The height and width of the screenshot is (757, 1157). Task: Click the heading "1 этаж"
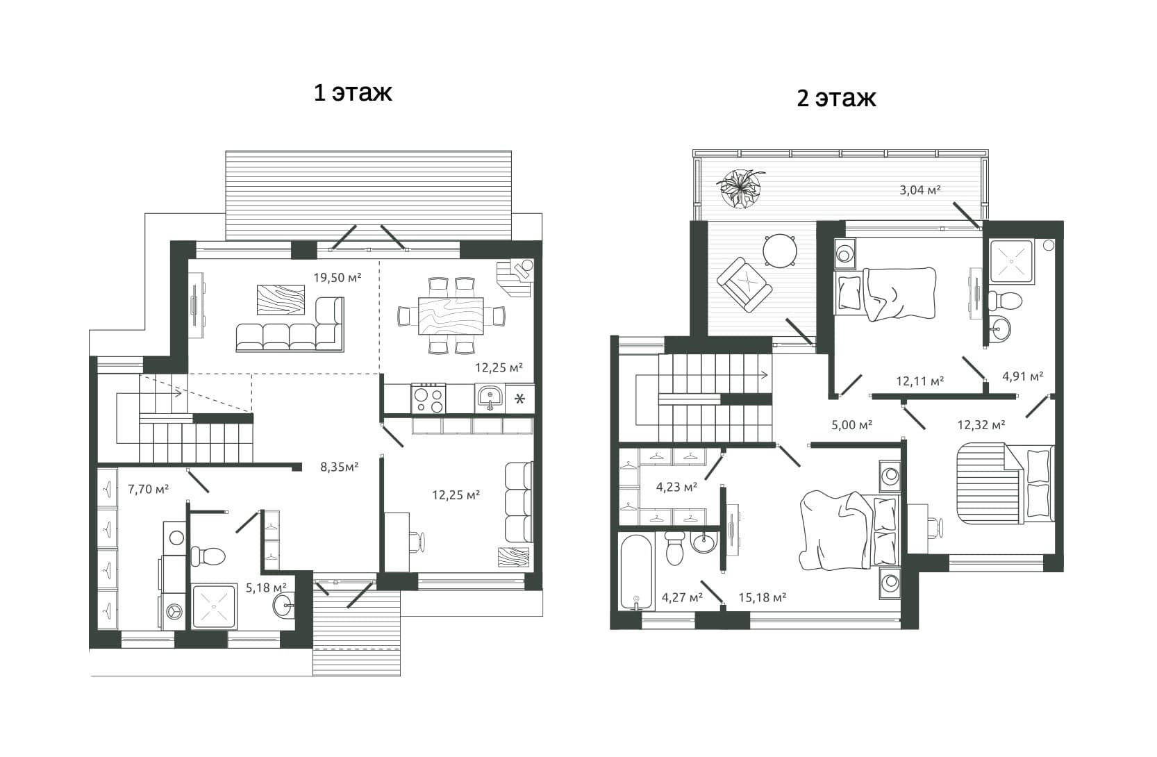coord(353,93)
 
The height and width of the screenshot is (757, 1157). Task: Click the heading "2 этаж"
coord(836,98)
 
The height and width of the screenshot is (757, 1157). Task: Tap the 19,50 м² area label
coord(338,277)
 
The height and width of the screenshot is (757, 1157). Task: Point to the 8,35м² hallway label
coord(340,467)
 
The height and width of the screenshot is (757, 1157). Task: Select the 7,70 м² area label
coord(148,488)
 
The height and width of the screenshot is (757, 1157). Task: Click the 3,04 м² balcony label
coord(920,190)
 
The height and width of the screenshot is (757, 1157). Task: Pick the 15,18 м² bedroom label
coord(763,597)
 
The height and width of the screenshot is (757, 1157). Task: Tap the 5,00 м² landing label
coord(851,425)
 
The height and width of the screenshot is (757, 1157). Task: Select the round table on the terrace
coord(780,251)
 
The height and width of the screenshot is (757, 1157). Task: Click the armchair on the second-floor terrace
coord(744,285)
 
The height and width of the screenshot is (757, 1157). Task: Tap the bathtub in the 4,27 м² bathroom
coord(636,572)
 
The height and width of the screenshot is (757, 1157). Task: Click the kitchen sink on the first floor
coord(490,398)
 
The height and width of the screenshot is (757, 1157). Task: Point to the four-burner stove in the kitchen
coord(428,398)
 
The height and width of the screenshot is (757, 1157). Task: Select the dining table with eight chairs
coord(451,315)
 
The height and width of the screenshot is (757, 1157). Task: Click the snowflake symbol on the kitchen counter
coord(519,399)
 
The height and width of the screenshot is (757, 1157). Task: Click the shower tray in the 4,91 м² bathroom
coord(1011,261)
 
